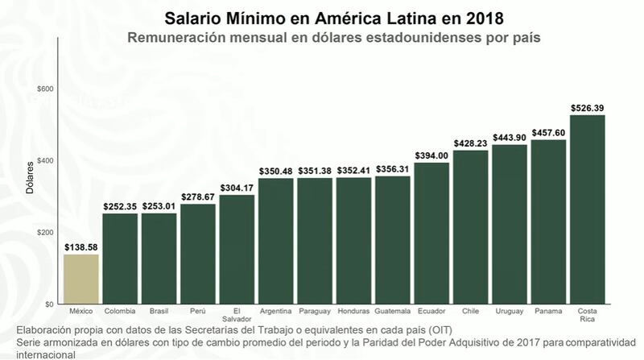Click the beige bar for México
click(x=81, y=279)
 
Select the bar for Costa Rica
click(x=588, y=209)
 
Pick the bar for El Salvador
click(x=237, y=249)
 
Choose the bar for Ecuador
click(x=432, y=233)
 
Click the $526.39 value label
click(x=588, y=107)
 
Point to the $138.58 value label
click(x=81, y=246)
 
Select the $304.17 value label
click(x=237, y=188)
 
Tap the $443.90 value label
click(x=510, y=137)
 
